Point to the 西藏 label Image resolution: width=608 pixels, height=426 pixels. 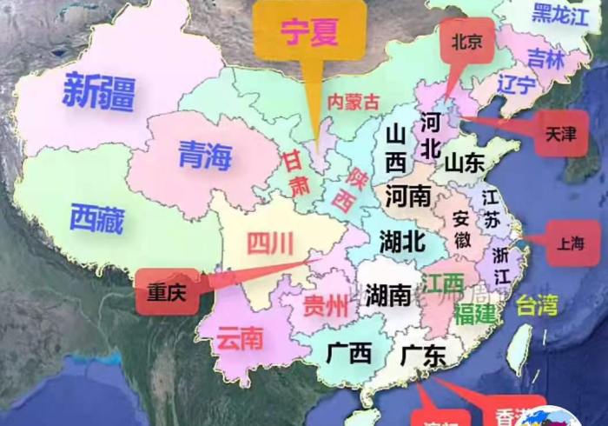[97, 218]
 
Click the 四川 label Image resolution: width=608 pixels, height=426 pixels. [270, 244]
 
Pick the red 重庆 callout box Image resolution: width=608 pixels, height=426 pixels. [167, 291]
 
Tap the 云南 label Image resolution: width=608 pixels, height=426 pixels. [240, 337]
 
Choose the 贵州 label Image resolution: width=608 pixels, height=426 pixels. [326, 306]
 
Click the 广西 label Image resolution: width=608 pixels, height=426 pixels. [349, 353]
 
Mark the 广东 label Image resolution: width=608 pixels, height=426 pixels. [423, 355]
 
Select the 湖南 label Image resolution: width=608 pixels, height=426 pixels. [387, 295]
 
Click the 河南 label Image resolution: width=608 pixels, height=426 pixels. [408, 196]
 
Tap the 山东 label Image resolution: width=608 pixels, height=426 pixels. [464, 163]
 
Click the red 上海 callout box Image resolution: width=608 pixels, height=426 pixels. [572, 244]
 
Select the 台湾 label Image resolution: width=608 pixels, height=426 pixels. [537, 305]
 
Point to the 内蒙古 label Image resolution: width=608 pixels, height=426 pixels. [353, 101]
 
